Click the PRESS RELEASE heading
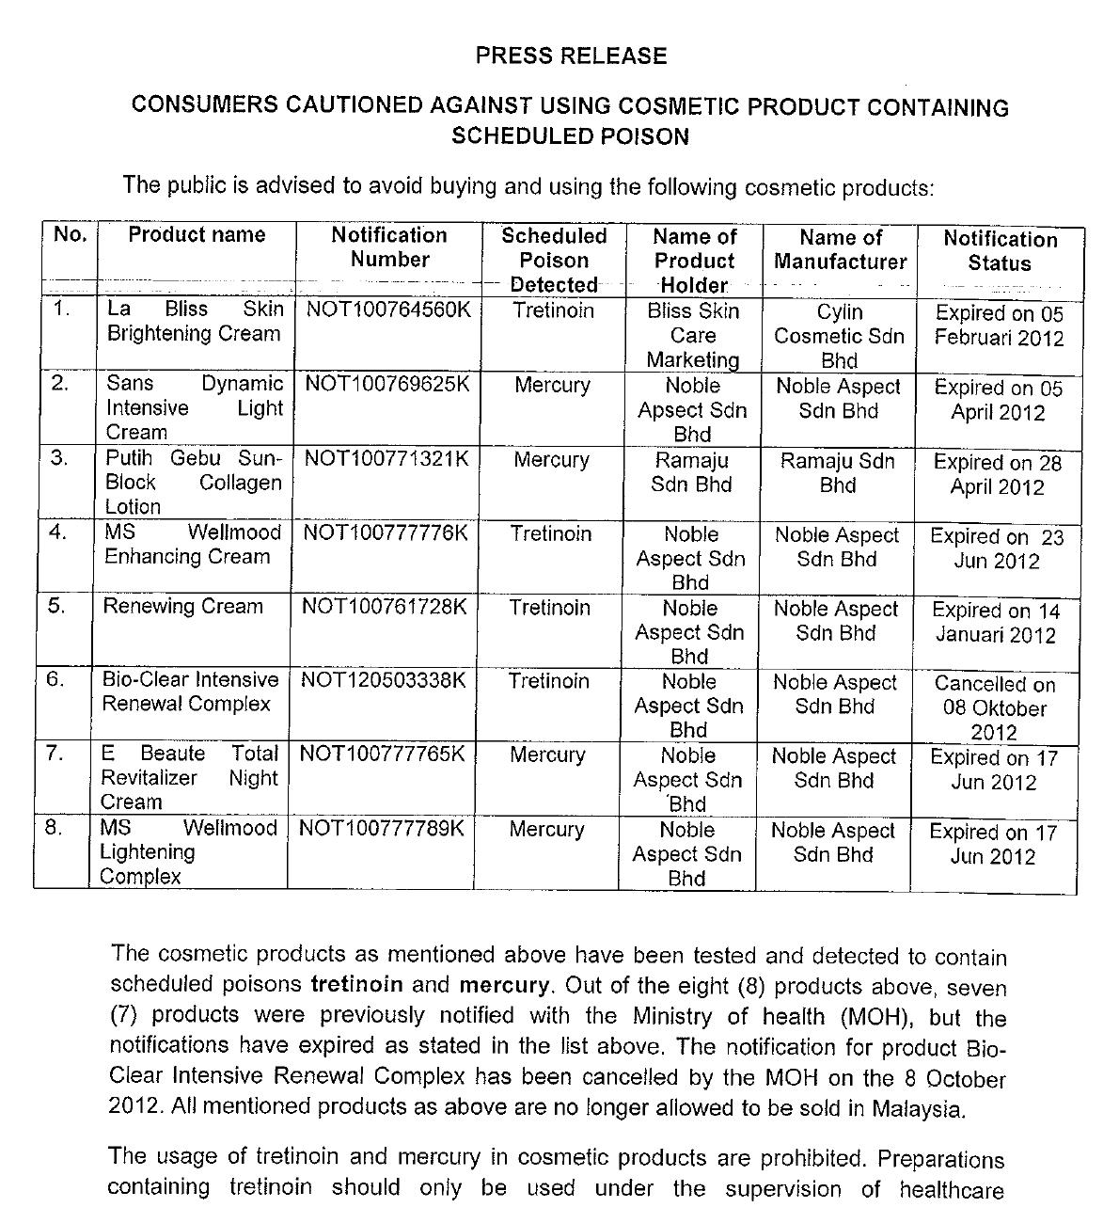click(571, 56)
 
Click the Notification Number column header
click(389, 247)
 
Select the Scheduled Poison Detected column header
click(553, 260)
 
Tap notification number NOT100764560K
click(387, 310)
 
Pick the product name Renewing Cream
click(182, 607)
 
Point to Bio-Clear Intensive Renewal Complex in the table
click(190, 692)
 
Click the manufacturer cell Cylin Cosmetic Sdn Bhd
click(839, 336)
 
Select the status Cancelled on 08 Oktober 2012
click(994, 708)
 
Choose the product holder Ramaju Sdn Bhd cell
click(691, 472)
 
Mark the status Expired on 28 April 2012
click(997, 474)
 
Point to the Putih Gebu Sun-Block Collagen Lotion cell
click(193, 483)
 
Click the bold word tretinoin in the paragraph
click(356, 985)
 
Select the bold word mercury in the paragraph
click(503, 985)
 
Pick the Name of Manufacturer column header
click(840, 249)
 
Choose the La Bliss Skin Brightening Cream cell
click(194, 321)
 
